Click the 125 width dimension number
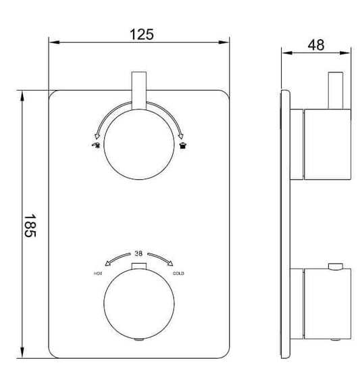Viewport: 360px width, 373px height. pos(138,32)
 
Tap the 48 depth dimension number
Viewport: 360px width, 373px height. pos(315,45)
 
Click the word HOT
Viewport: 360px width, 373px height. pos(98,273)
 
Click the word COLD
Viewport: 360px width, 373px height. pos(179,273)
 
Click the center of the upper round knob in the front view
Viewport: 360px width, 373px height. pos(138,145)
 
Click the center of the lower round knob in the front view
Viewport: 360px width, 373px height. pos(138,302)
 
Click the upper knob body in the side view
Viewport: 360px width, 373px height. pos(328,145)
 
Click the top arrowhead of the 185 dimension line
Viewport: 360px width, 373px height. pos(24,95)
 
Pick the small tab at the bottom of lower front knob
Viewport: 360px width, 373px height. pos(138,337)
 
